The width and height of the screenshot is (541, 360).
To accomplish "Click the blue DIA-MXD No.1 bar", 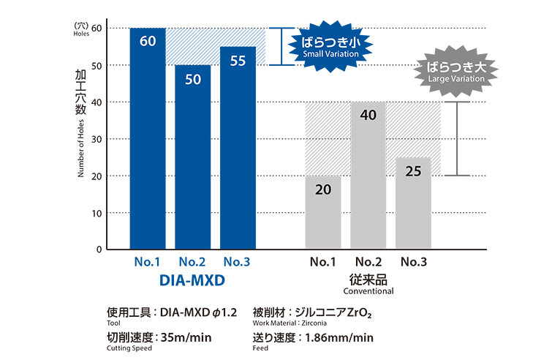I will pos(148,139).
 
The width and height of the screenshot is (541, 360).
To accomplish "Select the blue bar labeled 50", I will pos(192,157).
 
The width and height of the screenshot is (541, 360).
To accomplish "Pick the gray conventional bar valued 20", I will pos(322,212).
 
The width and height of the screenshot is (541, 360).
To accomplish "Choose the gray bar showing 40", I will pos(368,176).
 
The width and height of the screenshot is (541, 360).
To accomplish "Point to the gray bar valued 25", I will pos(413,203).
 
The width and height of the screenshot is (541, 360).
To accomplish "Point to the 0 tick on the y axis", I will pos(99,250).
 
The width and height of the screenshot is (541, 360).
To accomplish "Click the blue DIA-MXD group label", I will pos(192,280).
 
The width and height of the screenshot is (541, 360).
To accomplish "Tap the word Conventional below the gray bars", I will pos(368,290).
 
